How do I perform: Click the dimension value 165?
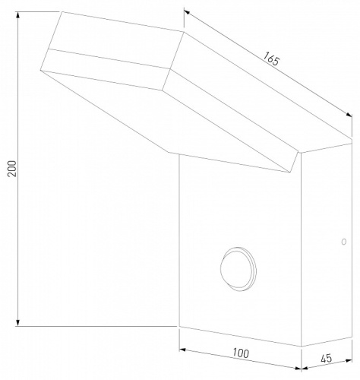pos(270,58)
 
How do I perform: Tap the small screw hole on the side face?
pos(343,242)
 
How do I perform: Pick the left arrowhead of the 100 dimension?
pos(182,350)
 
